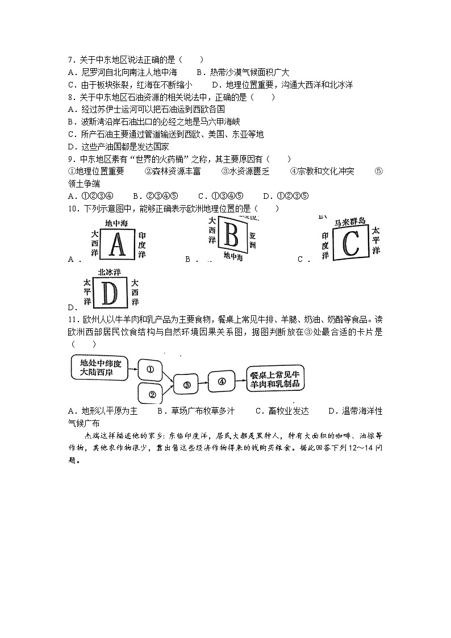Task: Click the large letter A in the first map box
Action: click(117, 244)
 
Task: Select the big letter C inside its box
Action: click(351, 243)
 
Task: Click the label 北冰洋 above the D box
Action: click(110, 272)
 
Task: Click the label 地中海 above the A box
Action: click(118, 224)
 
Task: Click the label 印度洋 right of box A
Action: click(142, 245)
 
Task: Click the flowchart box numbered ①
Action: click(150, 369)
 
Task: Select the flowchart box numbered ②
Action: click(152, 394)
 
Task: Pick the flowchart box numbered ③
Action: click(187, 385)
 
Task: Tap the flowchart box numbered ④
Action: click(222, 381)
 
